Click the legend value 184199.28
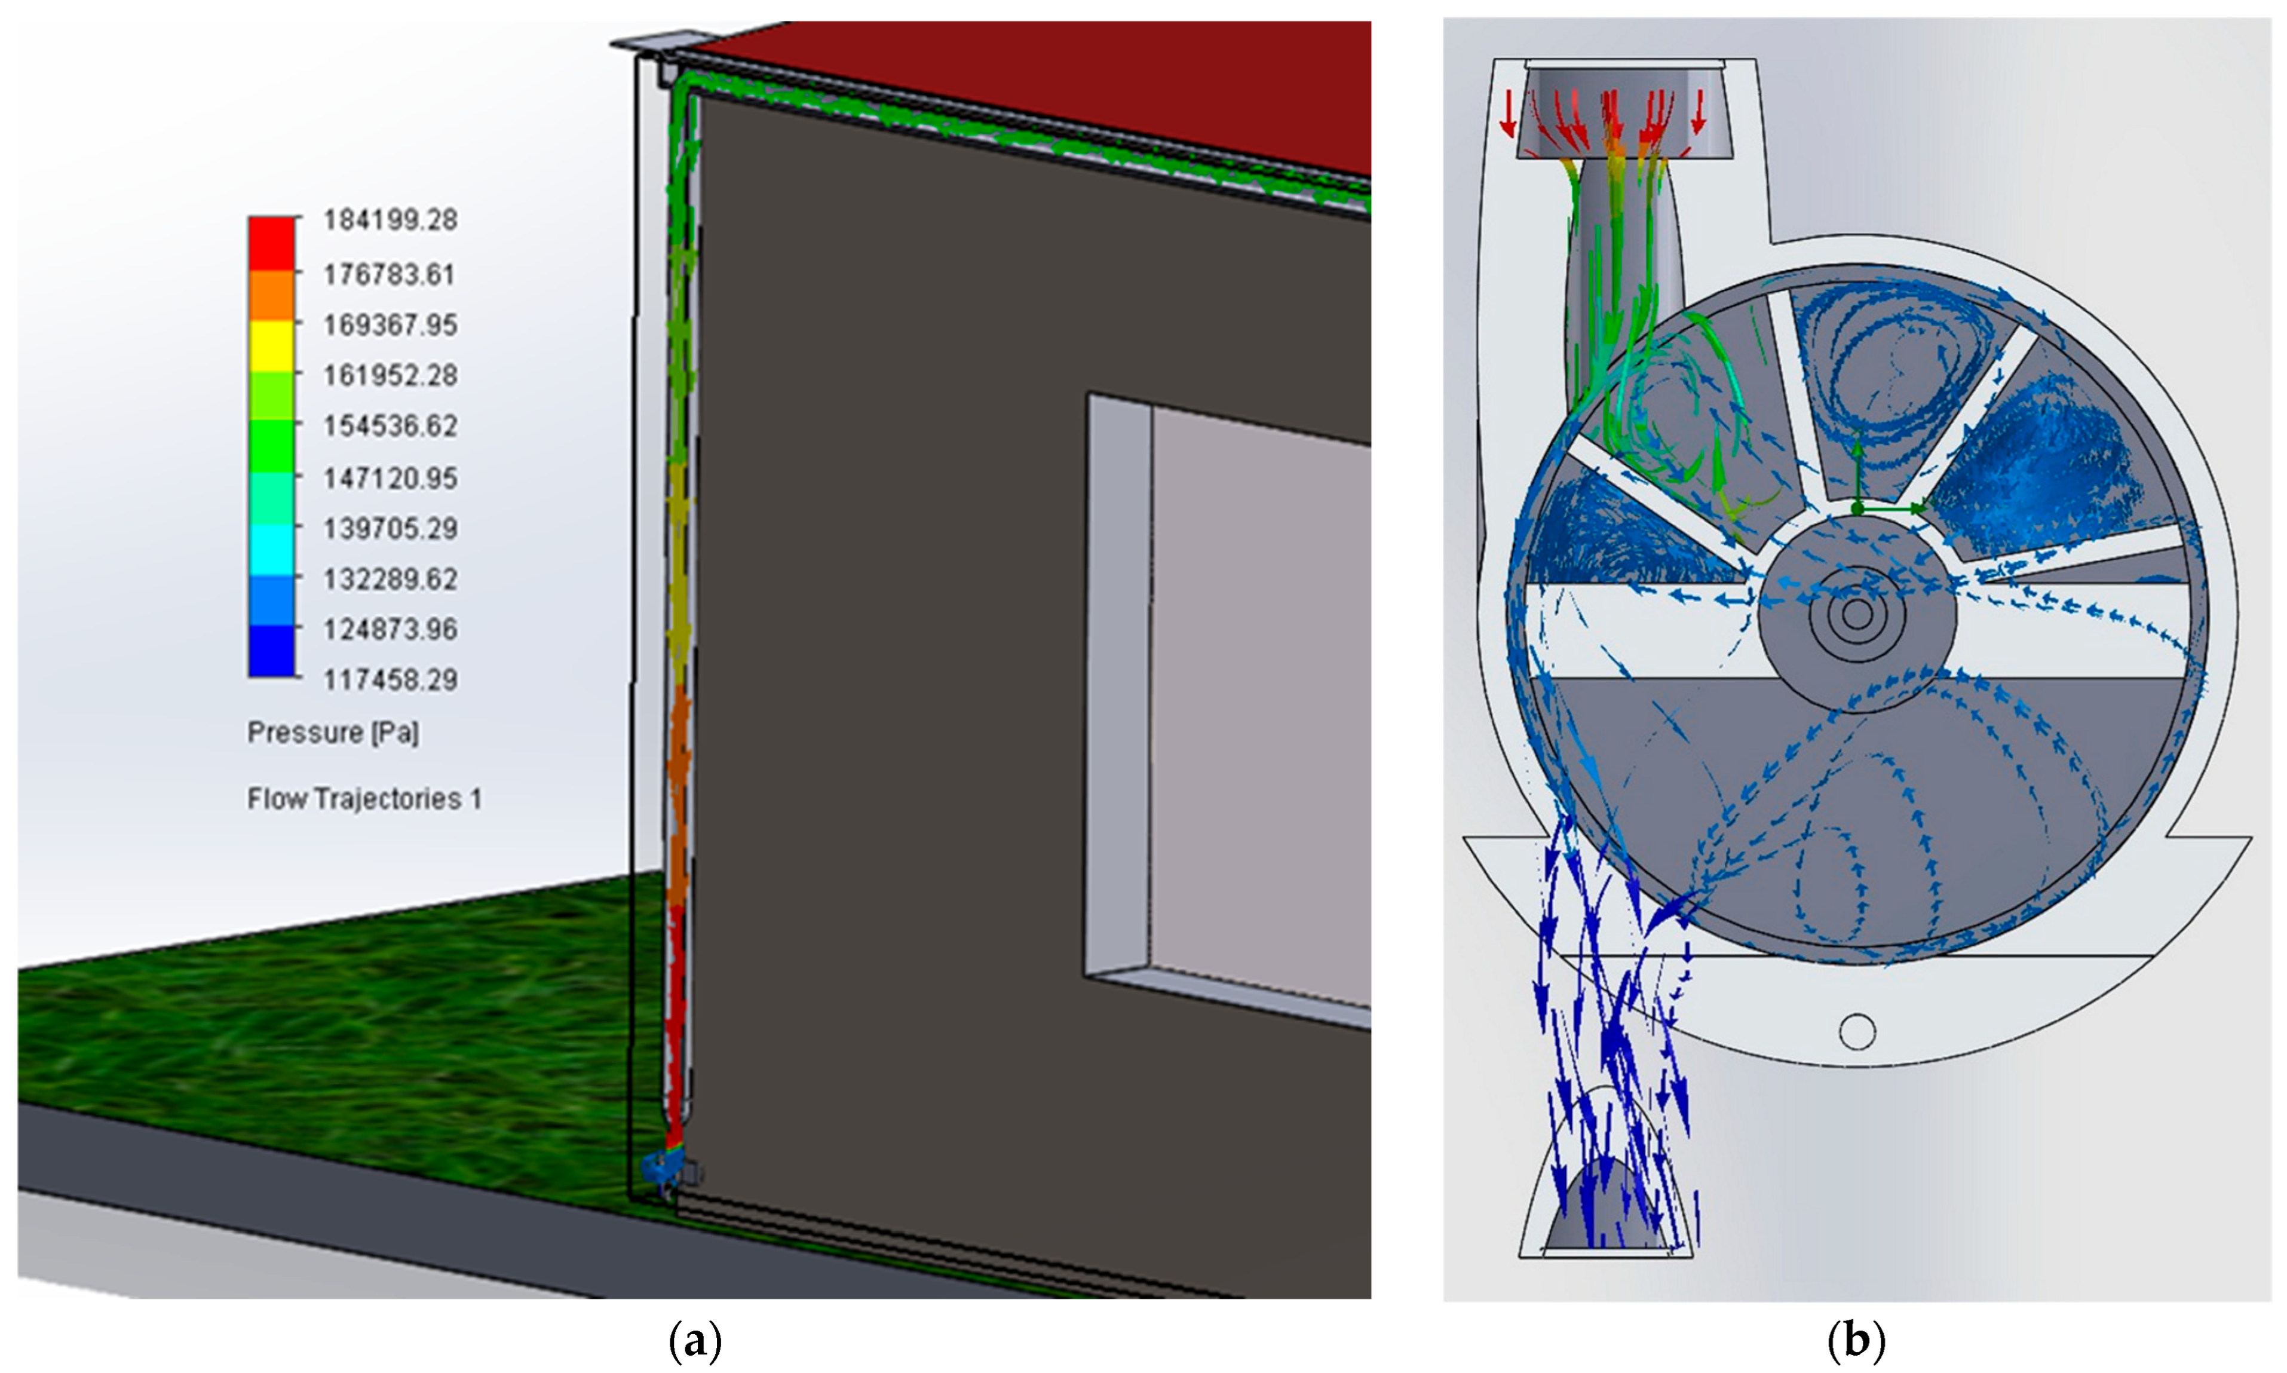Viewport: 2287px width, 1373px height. (390, 220)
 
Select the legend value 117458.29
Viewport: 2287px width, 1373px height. (390, 680)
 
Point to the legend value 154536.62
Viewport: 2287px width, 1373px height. (390, 427)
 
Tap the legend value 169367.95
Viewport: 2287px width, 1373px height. (390, 326)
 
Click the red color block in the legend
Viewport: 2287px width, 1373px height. (271, 243)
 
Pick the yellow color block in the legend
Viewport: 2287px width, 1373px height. (271, 346)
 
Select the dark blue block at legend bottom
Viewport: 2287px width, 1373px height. (271, 651)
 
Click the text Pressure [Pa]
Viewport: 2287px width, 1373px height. (333, 733)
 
